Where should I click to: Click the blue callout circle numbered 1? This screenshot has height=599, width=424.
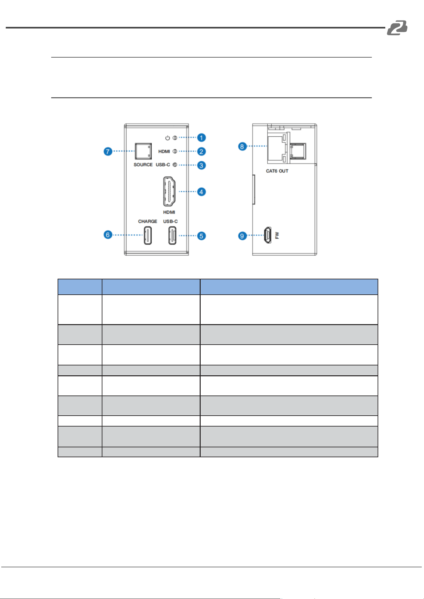201,138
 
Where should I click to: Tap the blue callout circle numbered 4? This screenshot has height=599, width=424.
201,192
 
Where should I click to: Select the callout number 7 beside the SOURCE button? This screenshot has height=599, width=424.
108,151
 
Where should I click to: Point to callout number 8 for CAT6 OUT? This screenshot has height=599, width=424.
242,147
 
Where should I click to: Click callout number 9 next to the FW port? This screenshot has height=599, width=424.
242,236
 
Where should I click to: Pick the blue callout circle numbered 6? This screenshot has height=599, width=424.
108,235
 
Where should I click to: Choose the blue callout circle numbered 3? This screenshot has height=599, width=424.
201,165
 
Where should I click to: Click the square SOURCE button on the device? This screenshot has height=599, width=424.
143,151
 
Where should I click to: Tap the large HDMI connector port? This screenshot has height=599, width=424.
169,191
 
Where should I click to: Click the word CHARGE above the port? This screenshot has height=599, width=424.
148,221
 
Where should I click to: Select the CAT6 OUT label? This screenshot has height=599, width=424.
277,171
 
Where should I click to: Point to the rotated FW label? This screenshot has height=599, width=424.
277,236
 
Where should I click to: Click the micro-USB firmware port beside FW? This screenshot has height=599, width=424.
268,235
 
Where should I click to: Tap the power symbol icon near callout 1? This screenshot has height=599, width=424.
167,138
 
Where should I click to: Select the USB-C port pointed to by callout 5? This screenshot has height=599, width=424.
172,236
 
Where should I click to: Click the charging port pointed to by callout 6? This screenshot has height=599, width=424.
148,236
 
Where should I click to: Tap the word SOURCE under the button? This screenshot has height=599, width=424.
143,165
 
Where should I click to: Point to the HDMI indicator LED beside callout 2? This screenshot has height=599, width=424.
175,151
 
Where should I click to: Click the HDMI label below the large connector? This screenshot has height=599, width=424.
169,212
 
